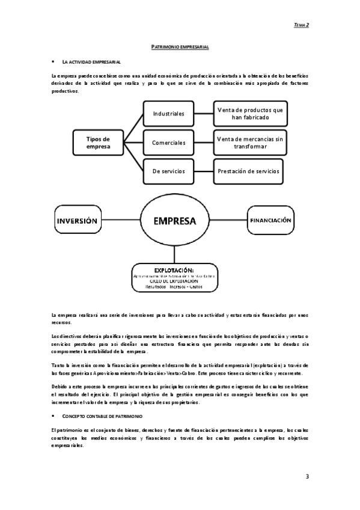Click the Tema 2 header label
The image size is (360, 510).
(301, 25)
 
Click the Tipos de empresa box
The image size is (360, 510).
(98, 143)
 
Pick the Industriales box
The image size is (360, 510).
(168, 113)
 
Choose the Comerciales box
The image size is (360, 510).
(168, 143)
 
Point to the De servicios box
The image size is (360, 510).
(168, 171)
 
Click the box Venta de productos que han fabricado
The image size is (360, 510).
(249, 113)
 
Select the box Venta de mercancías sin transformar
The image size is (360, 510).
(249, 143)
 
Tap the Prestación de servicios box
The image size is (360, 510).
(249, 171)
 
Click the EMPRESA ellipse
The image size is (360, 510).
(175, 221)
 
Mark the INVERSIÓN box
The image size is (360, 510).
(77, 221)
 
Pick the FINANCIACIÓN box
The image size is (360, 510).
(270, 221)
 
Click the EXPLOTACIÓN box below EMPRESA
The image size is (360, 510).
(174, 277)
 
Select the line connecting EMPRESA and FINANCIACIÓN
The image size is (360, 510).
(229, 221)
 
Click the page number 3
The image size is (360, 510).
(307, 476)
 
